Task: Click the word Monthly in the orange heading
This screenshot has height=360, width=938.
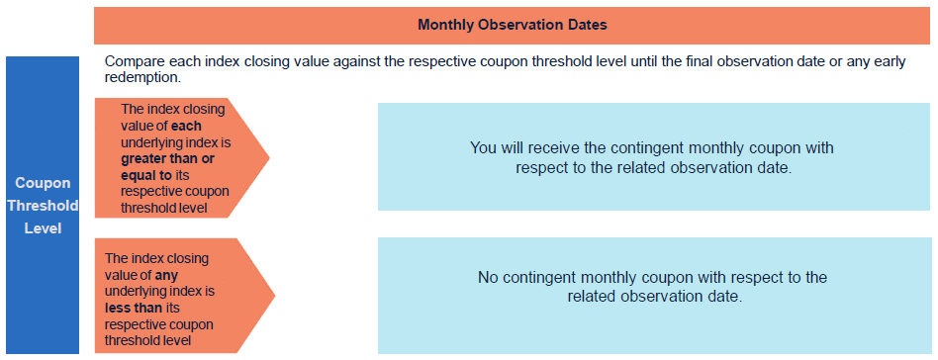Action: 442,25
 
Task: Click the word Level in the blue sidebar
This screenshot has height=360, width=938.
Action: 44,228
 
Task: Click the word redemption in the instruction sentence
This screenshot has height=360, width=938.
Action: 141,78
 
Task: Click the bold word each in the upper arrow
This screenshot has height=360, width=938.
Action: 187,128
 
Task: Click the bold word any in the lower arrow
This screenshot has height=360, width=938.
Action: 167,276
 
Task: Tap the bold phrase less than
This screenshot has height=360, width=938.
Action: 134,308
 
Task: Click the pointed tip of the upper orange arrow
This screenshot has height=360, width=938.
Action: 269,158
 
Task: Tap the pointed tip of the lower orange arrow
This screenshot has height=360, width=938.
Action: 275,296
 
